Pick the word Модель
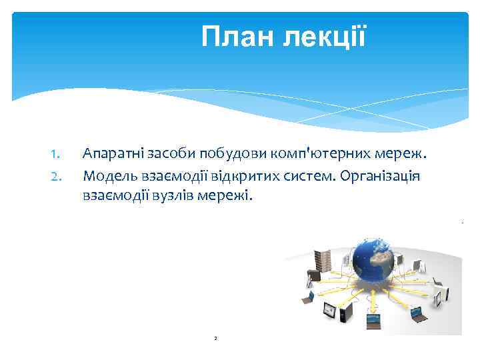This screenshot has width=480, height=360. pos(107,176)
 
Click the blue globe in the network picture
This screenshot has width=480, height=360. pos(374,262)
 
